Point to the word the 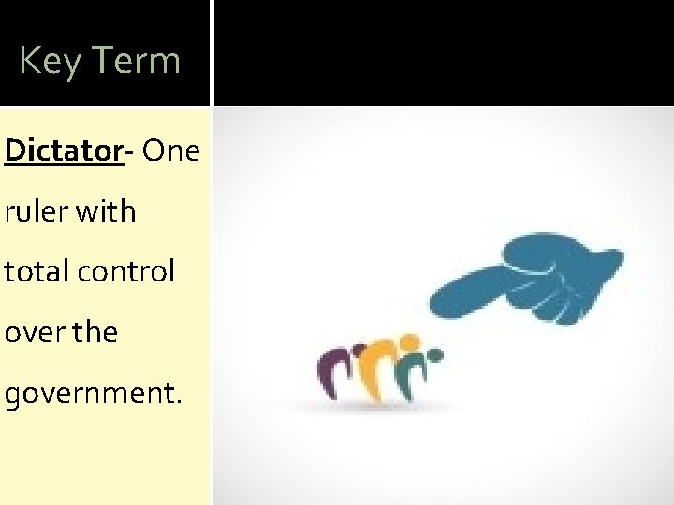tap(97, 334)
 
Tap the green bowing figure tap(410, 371)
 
